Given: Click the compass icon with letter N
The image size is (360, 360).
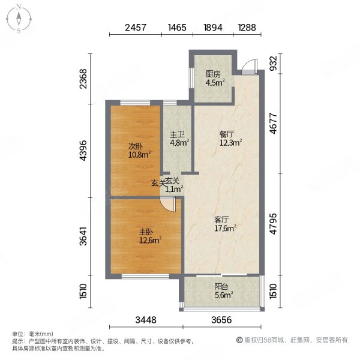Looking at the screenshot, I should click(x=19, y=19).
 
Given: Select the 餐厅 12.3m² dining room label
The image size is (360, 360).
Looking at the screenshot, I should click(x=229, y=139).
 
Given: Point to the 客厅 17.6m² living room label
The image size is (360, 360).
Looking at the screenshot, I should click(x=224, y=223).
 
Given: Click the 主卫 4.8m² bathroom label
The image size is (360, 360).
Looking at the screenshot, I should click(x=178, y=139).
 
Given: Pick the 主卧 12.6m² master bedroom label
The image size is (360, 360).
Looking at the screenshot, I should click(x=146, y=236).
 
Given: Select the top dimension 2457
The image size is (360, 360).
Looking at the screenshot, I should click(x=136, y=27).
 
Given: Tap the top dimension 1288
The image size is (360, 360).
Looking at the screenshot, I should click(x=247, y=27).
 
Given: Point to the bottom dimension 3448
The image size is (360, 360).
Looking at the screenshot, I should click(x=145, y=320).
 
